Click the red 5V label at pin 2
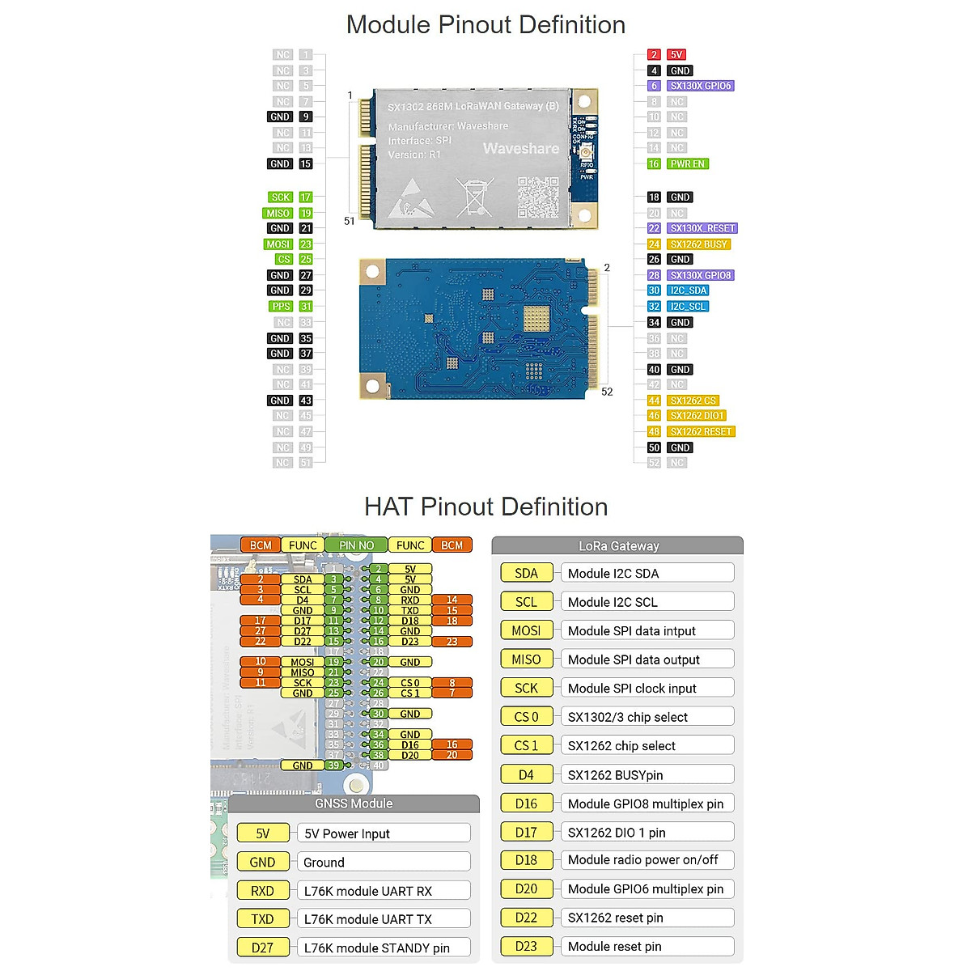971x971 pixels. click(676, 55)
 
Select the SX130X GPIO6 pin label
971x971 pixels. click(701, 86)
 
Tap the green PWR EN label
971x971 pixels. click(688, 163)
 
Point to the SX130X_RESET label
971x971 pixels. click(702, 228)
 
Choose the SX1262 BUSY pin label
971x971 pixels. click(699, 244)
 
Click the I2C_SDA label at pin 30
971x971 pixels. click(689, 290)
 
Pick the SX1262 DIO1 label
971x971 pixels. click(698, 416)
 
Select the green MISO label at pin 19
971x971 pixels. click(278, 213)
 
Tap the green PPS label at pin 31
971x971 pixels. click(281, 307)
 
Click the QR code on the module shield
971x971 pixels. click(538, 197)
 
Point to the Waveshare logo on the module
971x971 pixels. click(521, 149)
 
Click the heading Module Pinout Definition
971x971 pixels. click(485, 25)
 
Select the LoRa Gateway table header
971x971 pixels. click(618, 546)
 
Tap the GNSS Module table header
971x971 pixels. click(354, 804)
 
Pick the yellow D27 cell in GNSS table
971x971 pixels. click(262, 948)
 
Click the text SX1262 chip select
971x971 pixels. click(621, 746)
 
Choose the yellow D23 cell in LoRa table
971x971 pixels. click(526, 946)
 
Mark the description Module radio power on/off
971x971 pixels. click(642, 859)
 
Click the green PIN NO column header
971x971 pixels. click(357, 545)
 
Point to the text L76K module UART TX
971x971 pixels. click(368, 919)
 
